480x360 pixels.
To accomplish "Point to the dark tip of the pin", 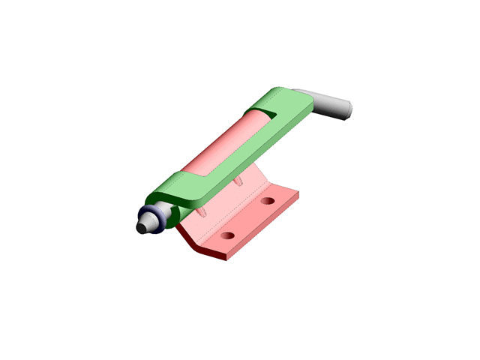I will pos(141,226).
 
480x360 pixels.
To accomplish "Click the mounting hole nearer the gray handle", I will pos(268,202).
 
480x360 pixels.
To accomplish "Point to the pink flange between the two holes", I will pos(247,219).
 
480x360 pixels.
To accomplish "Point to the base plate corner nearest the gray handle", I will pos(298,193).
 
